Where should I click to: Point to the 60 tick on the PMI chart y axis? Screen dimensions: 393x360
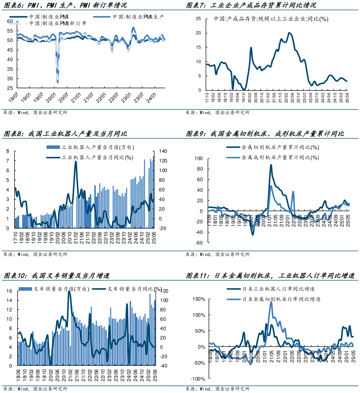tap(10, 22)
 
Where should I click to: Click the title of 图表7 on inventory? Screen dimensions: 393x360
tap(251, 5)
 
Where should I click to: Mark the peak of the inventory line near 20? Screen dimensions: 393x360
tap(289, 33)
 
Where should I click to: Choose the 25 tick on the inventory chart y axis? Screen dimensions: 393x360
tap(198, 19)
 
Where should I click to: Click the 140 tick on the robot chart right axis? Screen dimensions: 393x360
tap(163, 151)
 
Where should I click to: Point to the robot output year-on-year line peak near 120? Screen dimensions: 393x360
tap(76, 162)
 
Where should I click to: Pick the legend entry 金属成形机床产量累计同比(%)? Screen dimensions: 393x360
tap(280, 157)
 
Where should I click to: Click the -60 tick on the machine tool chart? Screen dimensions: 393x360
tap(199, 243)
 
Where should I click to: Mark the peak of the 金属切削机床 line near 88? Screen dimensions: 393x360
tap(271, 165)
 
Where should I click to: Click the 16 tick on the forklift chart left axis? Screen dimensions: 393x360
tap(9, 291)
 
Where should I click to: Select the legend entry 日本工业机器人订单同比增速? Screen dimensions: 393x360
tap(278, 289)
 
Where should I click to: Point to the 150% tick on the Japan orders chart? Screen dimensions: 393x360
tap(199, 299)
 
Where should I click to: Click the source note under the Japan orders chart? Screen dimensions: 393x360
tap(217, 389)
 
